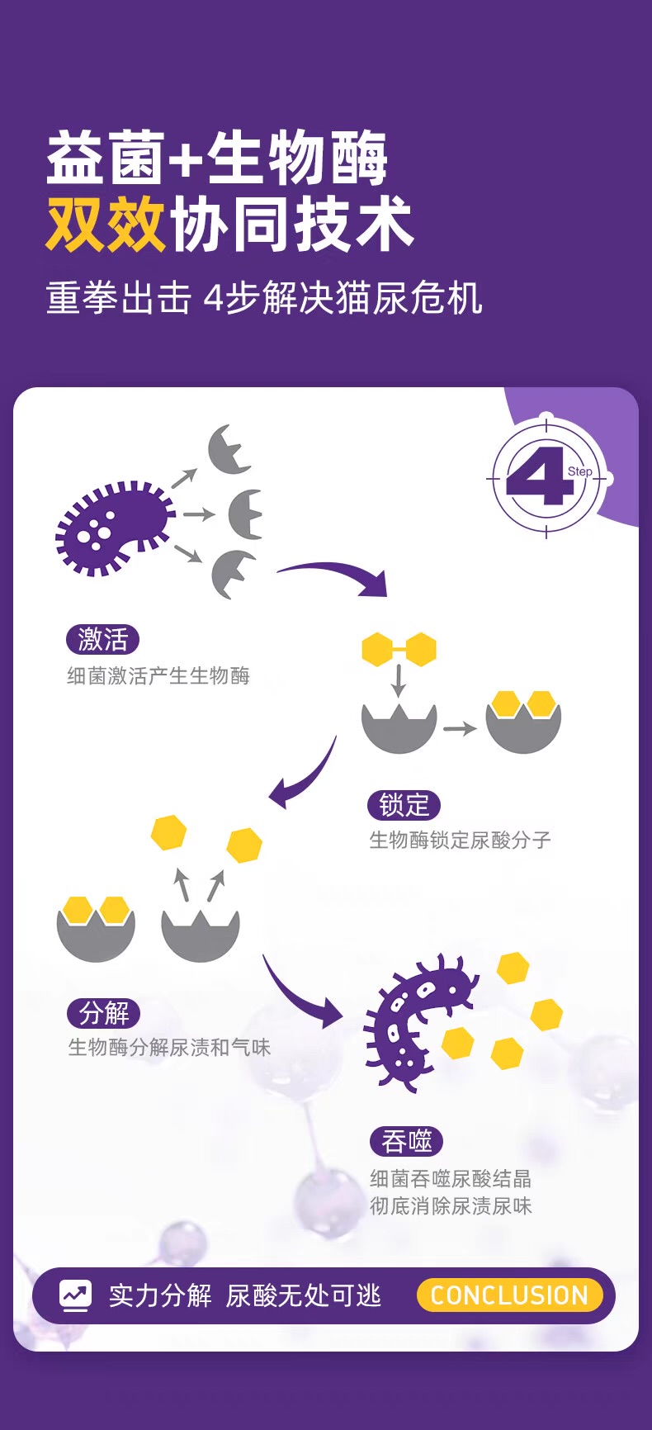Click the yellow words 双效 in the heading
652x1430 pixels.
[106, 224]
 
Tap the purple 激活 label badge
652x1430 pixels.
[103, 639]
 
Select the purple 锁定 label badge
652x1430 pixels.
[404, 805]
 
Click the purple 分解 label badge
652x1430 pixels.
[104, 1012]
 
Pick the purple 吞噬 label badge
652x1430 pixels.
[406, 1142]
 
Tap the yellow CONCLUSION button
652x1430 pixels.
[509, 1295]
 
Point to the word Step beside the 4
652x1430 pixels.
[579, 471]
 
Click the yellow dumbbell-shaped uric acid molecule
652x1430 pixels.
[399, 650]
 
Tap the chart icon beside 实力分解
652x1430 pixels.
[75, 1295]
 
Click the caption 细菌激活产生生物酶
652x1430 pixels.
[158, 676]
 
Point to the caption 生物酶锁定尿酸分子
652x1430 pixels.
[460, 840]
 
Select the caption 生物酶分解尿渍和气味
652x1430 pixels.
[169, 1048]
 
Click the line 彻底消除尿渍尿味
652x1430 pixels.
[451, 1206]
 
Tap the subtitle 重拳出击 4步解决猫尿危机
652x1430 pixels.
[264, 298]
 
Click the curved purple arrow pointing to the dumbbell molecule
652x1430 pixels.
[334, 575]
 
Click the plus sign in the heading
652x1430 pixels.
[187, 159]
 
